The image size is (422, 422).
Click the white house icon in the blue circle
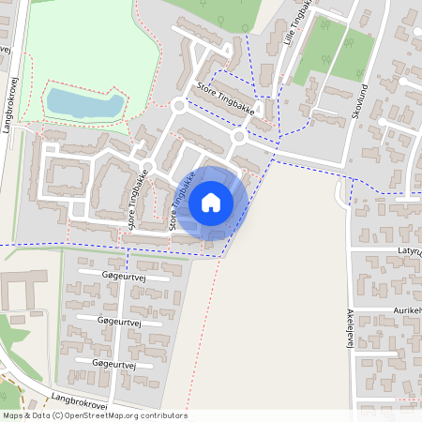[x=211, y=203]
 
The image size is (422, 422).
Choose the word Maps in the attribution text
[x=13, y=415]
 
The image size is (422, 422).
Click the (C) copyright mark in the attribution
[x=58, y=415]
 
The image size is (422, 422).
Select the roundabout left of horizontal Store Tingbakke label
[x=178, y=106]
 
